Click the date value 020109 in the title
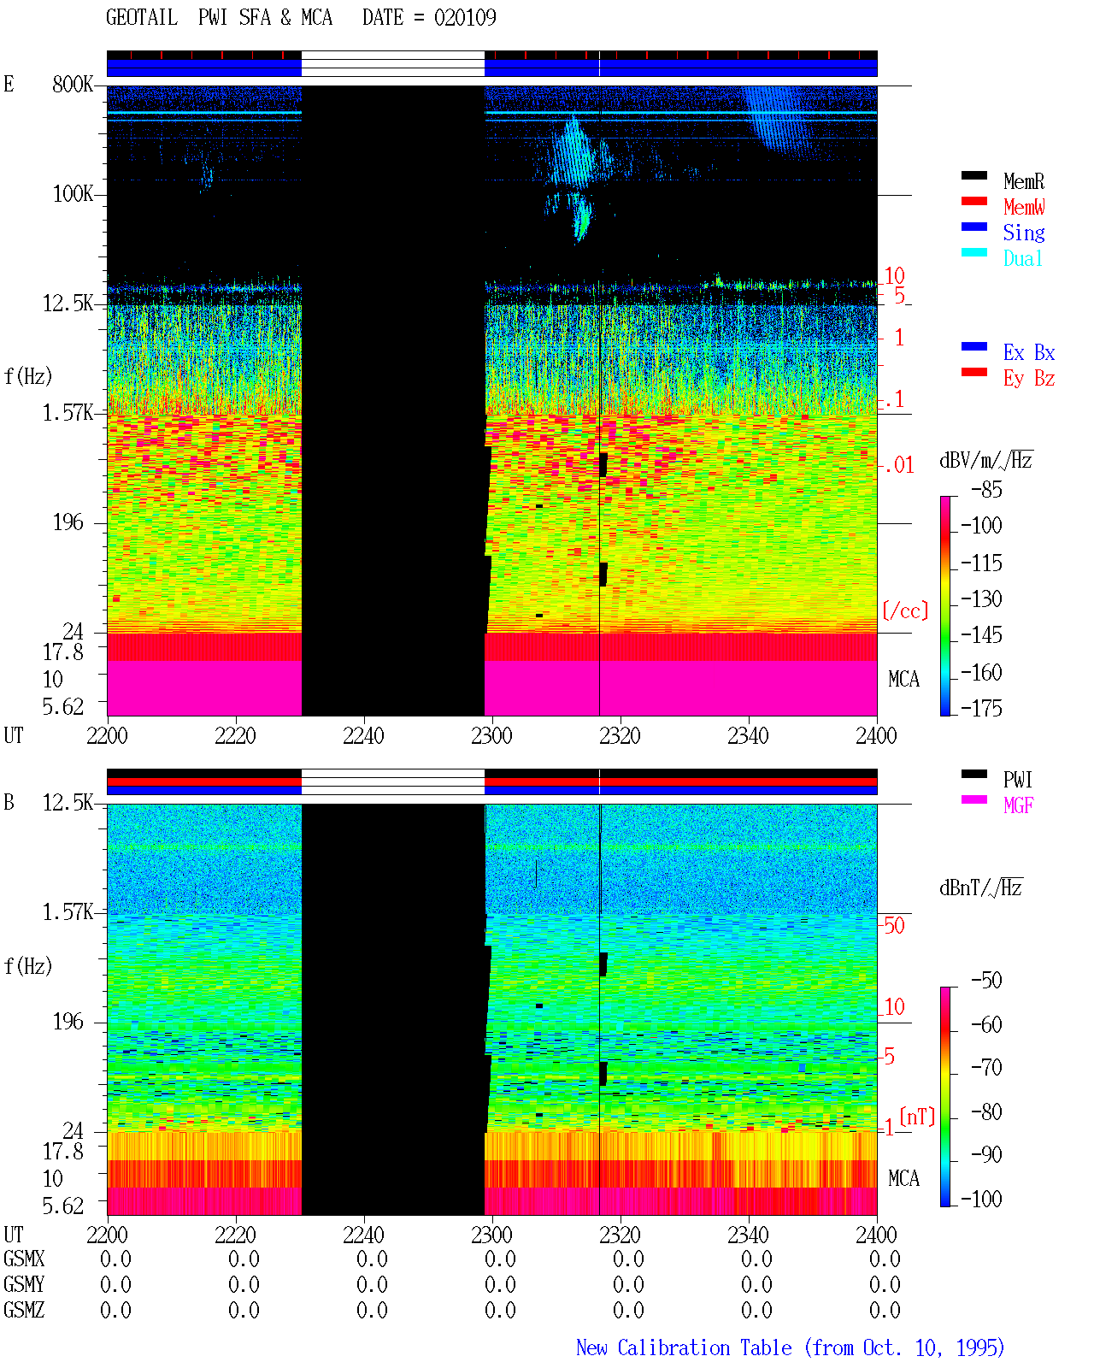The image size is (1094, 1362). point(464,18)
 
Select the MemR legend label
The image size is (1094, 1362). point(1023,181)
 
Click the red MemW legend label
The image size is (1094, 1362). point(1023,207)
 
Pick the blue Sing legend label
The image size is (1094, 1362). point(1023,233)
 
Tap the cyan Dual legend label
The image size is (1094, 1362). point(1022,258)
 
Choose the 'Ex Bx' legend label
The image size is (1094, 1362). point(1028,352)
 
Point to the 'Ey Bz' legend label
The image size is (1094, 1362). point(1028,379)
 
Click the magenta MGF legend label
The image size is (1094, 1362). point(1018,805)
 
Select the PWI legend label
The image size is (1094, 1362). point(1017,780)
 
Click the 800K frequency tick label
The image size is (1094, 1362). point(72,84)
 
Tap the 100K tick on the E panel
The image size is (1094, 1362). point(72,194)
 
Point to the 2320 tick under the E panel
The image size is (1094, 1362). point(620,735)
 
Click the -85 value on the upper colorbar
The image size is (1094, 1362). point(986,489)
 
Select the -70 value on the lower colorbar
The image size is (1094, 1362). point(986,1068)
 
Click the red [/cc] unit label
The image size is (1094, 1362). point(905,610)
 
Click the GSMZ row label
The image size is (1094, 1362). point(24,1310)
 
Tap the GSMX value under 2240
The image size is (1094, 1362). point(372,1259)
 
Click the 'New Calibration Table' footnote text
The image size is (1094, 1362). point(684,1347)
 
